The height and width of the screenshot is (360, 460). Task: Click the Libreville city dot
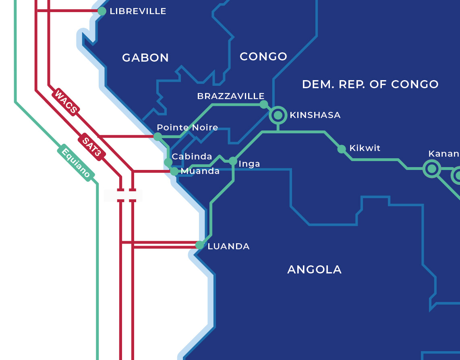[102, 11]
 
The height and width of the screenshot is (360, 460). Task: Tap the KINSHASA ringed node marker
[278, 115]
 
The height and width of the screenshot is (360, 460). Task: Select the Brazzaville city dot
[263, 104]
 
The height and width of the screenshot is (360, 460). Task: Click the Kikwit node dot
[342, 149]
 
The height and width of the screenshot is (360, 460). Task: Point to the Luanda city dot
[199, 245]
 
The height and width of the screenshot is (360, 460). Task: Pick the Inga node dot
[233, 161]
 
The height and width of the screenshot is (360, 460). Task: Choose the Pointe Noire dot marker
[158, 137]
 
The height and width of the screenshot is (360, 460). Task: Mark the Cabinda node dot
[168, 162]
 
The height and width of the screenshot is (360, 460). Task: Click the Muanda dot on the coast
[174, 172]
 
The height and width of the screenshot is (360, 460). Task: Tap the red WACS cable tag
[66, 102]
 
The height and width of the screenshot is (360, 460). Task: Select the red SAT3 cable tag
[92, 147]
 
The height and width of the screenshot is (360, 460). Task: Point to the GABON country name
[145, 58]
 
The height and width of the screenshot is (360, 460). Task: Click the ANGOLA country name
[314, 270]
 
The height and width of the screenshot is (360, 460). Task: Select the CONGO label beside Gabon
[263, 57]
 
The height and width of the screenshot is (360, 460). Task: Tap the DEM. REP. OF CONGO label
[370, 85]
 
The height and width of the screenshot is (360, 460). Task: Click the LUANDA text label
[228, 246]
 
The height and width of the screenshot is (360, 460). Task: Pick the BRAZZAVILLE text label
[230, 96]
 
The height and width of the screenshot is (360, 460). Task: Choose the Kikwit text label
[365, 148]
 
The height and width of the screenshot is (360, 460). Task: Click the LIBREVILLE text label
[138, 11]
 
